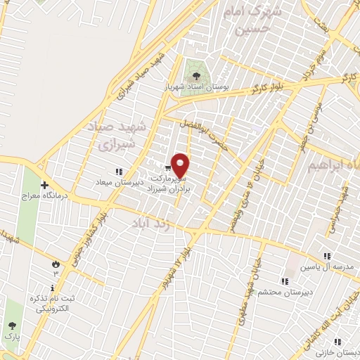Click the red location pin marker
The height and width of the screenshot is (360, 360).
[x=181, y=165]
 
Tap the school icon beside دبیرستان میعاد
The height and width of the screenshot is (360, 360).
[x=119, y=171]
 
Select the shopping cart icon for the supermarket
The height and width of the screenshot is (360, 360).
[x=167, y=168]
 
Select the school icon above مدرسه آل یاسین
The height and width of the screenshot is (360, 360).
[x=326, y=257]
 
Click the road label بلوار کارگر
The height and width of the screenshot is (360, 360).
[x=261, y=87]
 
